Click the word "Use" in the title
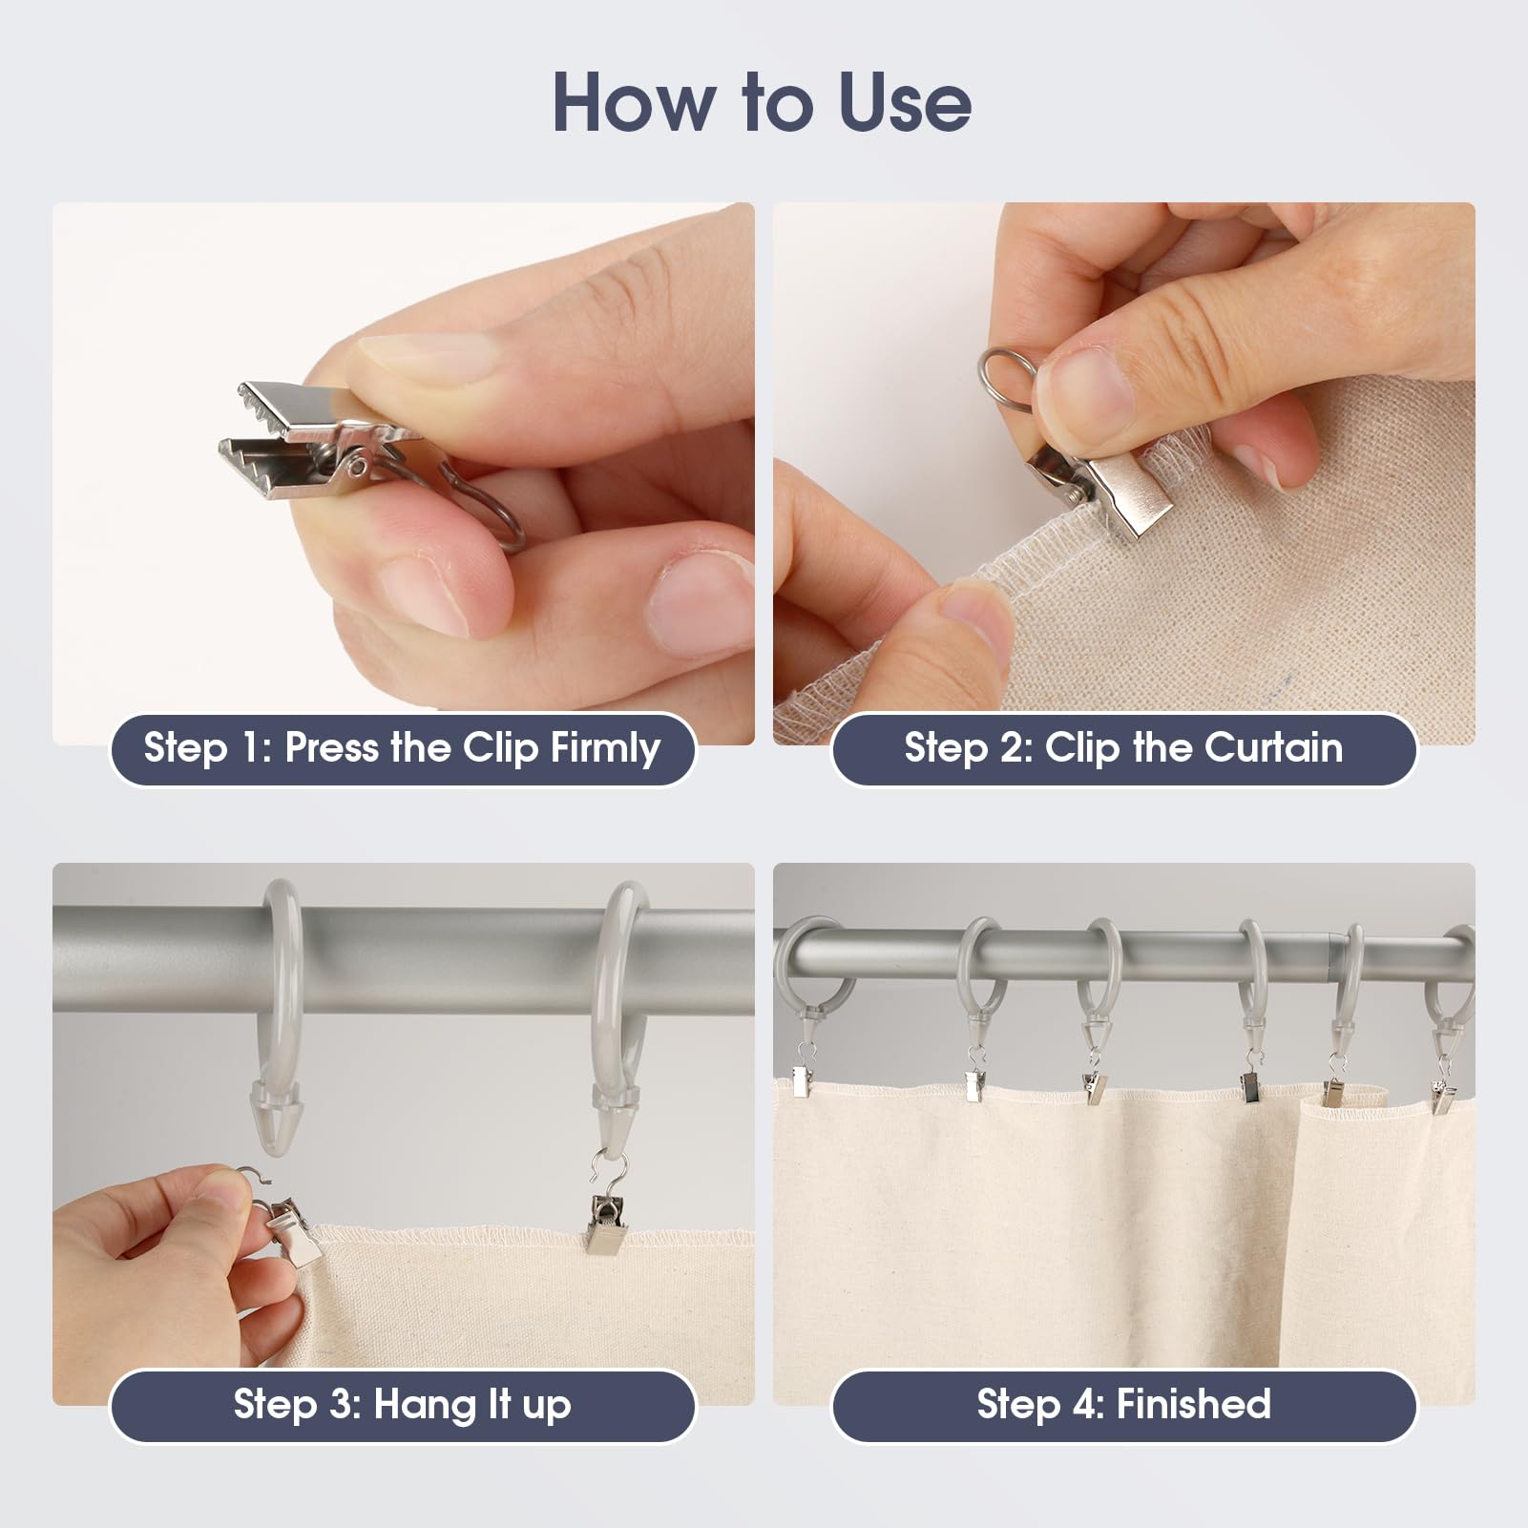tap(904, 102)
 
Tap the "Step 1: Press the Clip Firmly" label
tap(402, 748)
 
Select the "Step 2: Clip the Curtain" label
tap(1123, 748)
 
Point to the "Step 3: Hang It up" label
tap(402, 1405)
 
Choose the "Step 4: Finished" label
tap(1123, 1405)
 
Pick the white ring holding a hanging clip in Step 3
tap(620, 993)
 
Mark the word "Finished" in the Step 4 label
tap(1193, 1405)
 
